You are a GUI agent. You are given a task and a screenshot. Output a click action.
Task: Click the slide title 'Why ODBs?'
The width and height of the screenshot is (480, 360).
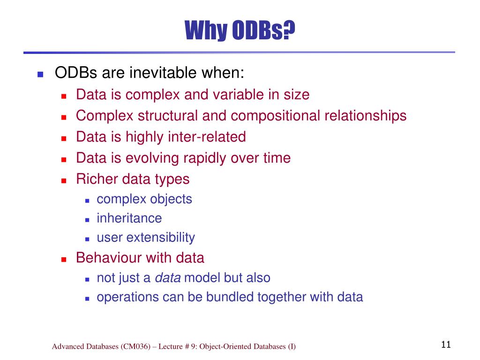pyautogui.click(x=240, y=30)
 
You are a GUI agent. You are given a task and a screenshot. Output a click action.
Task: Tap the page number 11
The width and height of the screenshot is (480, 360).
pyautogui.click(x=446, y=345)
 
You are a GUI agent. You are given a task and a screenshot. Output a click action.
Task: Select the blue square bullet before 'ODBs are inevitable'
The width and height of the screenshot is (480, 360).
pyautogui.click(x=40, y=74)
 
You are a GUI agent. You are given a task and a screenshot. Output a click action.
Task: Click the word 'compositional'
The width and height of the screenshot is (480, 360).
pyautogui.click(x=276, y=116)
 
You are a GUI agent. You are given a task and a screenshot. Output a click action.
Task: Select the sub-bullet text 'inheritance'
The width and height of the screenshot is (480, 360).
pyautogui.click(x=129, y=218)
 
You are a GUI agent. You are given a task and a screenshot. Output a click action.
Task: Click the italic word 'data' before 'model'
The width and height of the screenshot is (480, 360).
pyautogui.click(x=168, y=277)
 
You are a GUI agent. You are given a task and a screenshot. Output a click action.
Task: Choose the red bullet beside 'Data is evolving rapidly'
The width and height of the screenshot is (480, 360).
pyautogui.click(x=64, y=159)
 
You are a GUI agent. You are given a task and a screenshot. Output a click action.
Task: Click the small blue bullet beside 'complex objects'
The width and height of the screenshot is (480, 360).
pyautogui.click(x=87, y=201)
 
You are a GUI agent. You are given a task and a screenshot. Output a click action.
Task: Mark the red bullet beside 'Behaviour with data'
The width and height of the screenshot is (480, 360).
pyautogui.click(x=64, y=260)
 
